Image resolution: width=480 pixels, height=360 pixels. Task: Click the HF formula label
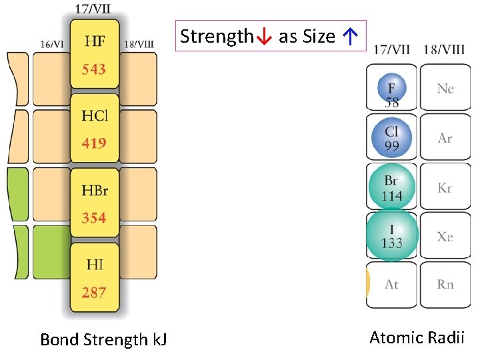pyautogui.click(x=95, y=41)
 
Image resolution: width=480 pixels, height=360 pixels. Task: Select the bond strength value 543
pyautogui.click(x=95, y=69)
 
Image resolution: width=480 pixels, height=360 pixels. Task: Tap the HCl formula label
pyautogui.click(x=95, y=116)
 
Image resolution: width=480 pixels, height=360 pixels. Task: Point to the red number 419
pyautogui.click(x=95, y=143)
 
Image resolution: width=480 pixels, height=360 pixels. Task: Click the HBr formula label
pyautogui.click(x=95, y=191)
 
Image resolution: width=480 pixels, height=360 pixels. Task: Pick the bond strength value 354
pyautogui.click(x=95, y=218)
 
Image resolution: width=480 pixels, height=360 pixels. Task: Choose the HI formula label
pyautogui.click(x=95, y=265)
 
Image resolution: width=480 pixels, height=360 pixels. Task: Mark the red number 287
pyautogui.click(x=95, y=292)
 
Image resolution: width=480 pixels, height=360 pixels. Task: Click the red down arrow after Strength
pyautogui.click(x=263, y=37)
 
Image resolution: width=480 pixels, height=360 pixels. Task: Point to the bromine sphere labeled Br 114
pyautogui.click(x=392, y=188)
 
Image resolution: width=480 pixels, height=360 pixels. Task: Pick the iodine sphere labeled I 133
pyautogui.click(x=392, y=235)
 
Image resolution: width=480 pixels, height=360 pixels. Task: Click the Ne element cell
pyautogui.click(x=445, y=88)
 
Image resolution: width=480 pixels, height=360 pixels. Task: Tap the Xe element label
pyautogui.click(x=445, y=237)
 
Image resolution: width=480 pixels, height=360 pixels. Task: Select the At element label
pyautogui.click(x=392, y=285)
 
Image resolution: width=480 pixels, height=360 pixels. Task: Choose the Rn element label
pyautogui.click(x=445, y=285)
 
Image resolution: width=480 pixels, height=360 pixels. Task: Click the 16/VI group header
pyautogui.click(x=52, y=45)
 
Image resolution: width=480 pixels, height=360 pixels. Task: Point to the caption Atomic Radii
pyautogui.click(x=417, y=337)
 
